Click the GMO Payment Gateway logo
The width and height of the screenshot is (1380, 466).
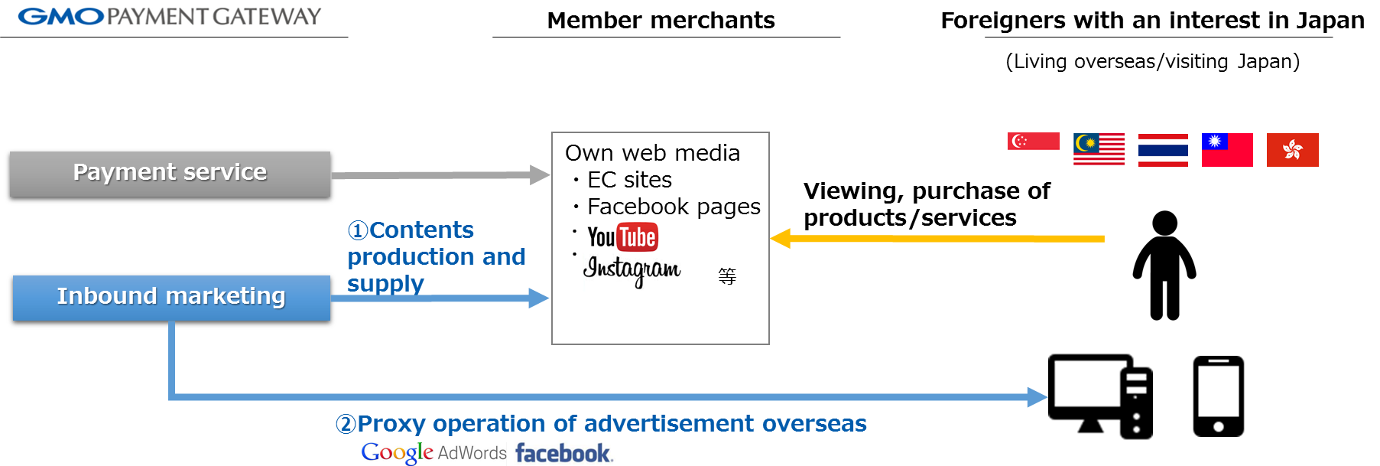173,15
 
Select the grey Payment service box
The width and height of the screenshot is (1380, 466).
170,174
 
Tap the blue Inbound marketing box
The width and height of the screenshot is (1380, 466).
171,297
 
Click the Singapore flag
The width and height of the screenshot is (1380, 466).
1033,149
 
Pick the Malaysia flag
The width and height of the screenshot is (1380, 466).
1099,149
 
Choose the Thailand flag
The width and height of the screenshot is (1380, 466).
1163,149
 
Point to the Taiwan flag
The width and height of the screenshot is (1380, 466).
1227,149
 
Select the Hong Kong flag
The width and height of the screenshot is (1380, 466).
1292,149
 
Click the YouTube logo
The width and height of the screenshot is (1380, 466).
622,237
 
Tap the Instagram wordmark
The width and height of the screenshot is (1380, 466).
632,269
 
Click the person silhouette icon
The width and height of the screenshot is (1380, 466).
1165,265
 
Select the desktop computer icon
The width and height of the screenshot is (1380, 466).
1099,396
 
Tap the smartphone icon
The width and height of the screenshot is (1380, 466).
1218,396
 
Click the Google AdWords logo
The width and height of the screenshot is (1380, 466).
433,453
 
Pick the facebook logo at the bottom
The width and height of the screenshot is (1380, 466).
563,453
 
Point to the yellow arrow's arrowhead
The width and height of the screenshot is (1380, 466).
780,239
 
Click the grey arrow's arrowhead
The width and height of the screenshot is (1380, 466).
541,175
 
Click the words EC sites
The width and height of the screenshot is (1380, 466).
629,180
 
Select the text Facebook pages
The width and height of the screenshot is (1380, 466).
674,207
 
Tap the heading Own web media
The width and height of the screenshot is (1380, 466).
652,153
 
